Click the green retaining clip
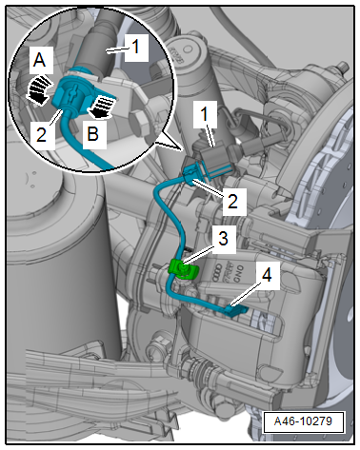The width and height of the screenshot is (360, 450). [x=184, y=268]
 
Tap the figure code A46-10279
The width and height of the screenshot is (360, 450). [x=303, y=421]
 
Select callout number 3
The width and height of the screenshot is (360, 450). [x=223, y=238]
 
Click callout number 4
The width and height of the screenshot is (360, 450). [x=267, y=275]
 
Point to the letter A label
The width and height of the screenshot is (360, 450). [x=39, y=59]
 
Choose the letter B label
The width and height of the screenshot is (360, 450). [x=93, y=133]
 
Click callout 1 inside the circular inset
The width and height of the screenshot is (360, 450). [x=135, y=48]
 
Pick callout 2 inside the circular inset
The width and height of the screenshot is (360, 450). [x=41, y=133]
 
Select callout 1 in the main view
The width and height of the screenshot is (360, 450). [x=205, y=114]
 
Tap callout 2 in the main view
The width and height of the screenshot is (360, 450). [x=232, y=200]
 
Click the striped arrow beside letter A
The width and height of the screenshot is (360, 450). [x=37, y=89]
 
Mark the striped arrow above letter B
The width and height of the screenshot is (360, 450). [x=102, y=108]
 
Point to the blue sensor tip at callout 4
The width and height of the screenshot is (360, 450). [x=236, y=309]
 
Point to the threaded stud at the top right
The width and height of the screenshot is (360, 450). [x=341, y=68]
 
